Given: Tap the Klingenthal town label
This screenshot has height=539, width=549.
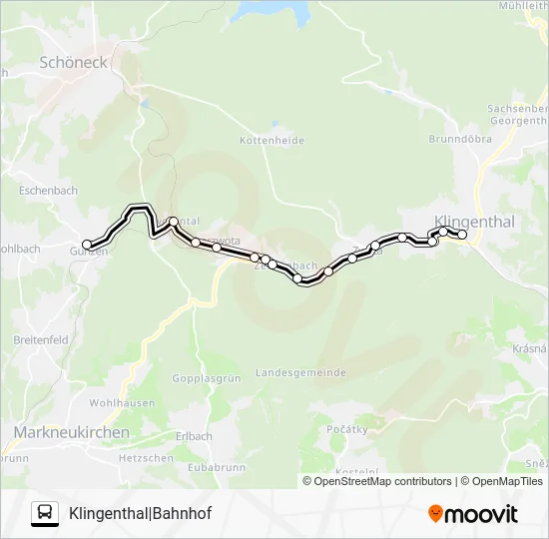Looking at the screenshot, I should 474,222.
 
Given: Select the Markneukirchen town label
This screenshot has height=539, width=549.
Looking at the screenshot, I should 72,432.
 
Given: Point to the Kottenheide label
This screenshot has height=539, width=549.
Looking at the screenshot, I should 272,141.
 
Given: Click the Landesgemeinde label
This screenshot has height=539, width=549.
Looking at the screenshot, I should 300,372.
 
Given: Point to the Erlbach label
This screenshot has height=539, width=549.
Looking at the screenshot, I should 194,436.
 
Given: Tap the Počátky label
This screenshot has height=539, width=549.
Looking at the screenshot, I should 347,429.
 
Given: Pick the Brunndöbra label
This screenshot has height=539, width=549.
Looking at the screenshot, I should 460,140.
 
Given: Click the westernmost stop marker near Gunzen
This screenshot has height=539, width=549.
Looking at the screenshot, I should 87,244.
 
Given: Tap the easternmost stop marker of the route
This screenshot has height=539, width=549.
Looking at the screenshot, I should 462,235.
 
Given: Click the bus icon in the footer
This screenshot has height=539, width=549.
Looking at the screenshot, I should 45,513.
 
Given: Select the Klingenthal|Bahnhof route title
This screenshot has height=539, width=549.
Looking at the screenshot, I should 140,513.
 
